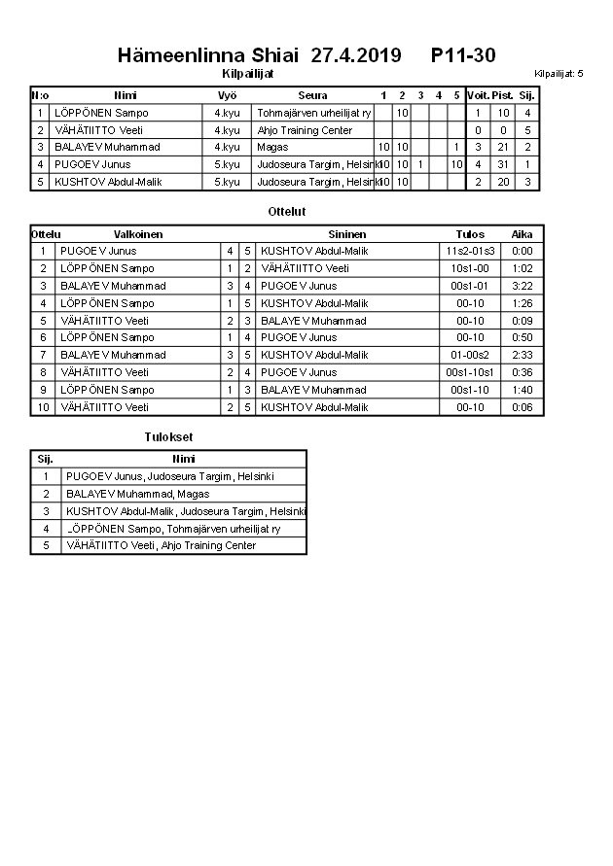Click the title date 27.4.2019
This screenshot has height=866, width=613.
(x=355, y=55)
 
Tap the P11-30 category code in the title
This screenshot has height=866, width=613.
(x=463, y=55)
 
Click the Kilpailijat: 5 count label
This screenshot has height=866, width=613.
(x=559, y=74)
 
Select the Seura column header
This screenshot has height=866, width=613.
(x=312, y=95)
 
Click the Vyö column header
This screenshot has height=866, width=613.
(x=227, y=95)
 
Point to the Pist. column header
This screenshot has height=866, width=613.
(x=503, y=95)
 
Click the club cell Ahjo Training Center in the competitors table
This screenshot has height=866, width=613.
(x=305, y=130)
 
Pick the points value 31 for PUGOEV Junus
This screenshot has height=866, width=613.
(x=503, y=164)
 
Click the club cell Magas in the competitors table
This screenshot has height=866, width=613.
(x=273, y=147)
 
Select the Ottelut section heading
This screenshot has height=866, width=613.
(x=287, y=211)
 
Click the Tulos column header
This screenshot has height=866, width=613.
(x=470, y=234)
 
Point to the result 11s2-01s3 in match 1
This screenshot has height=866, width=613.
(x=470, y=251)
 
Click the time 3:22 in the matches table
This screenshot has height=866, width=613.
(x=522, y=286)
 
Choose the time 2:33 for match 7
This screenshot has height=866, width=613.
(x=522, y=355)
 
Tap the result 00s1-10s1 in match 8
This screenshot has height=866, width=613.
(x=470, y=372)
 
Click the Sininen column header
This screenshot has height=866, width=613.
(x=347, y=234)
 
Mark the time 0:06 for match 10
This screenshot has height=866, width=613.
(x=522, y=407)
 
